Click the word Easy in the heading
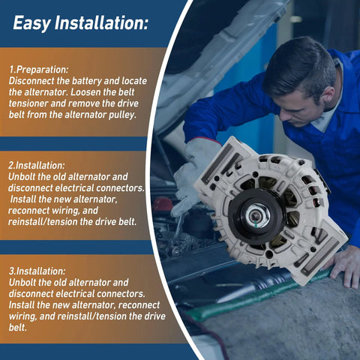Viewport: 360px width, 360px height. tap(31, 23)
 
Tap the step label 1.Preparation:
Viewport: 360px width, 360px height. tap(39, 70)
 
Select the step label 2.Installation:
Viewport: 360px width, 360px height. tap(37, 166)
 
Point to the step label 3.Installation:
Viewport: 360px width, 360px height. tap(37, 271)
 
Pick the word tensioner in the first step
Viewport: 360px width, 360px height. tap(28, 103)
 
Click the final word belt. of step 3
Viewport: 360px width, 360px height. tap(18, 328)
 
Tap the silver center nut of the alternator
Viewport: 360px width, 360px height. tap(257, 215)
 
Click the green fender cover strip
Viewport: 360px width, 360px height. tap(260, 295)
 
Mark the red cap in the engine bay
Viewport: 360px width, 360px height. tap(163, 205)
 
